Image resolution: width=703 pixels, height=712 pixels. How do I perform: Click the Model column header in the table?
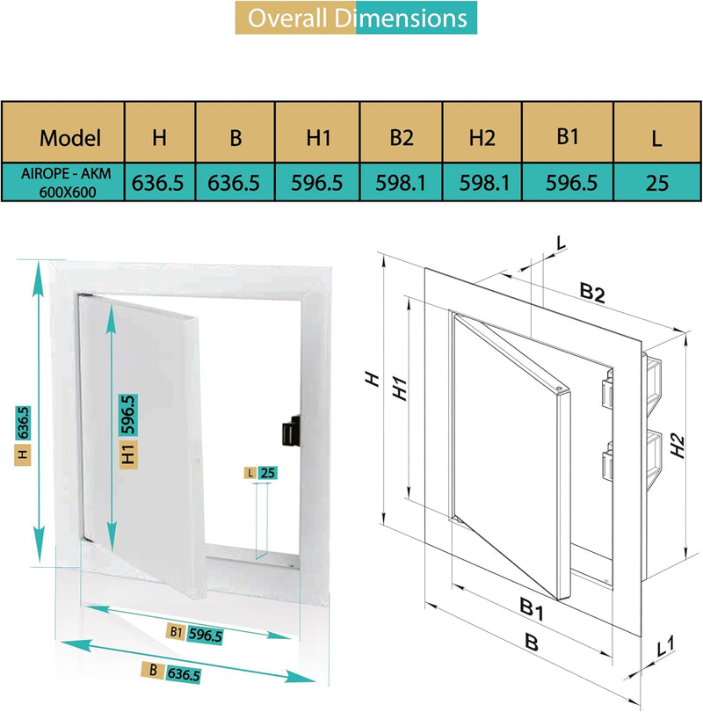(x=70, y=137)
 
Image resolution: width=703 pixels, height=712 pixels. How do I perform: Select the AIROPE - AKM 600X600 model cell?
(x=66, y=183)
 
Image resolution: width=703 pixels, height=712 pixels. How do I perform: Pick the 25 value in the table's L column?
(x=656, y=183)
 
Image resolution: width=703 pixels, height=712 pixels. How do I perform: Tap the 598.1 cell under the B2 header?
(x=401, y=183)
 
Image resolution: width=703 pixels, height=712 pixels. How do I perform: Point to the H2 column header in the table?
(x=482, y=137)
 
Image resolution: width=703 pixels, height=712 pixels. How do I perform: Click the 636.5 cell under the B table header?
(x=235, y=183)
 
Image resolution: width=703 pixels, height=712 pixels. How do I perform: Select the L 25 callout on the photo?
(x=260, y=473)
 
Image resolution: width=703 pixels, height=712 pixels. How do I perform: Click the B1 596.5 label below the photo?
(x=194, y=633)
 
